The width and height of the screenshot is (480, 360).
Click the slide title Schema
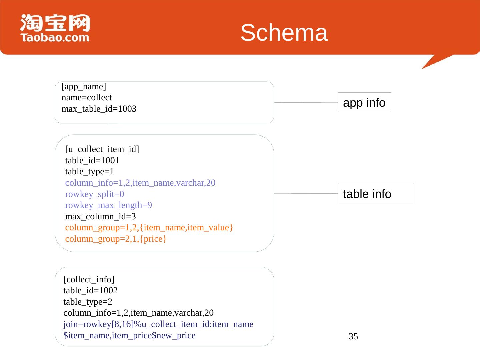(284, 33)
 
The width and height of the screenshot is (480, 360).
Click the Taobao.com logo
(55, 28)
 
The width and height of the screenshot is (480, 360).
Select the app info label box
(364, 102)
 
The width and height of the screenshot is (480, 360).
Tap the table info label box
(376, 194)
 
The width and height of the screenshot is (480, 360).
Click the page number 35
(353, 337)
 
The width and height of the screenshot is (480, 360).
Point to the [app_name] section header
(84, 87)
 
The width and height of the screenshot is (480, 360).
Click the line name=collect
(87, 98)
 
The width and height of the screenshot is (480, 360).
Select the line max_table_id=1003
(99, 109)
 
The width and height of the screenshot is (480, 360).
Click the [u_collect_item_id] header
(102, 149)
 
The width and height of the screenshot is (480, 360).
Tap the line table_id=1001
(92, 161)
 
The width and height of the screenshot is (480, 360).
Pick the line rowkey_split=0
(95, 194)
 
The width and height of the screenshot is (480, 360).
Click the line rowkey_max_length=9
(109, 205)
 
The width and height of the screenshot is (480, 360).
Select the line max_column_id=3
(100, 217)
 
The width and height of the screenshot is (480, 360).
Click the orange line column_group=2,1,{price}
(116, 239)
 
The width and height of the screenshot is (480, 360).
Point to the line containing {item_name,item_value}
(149, 228)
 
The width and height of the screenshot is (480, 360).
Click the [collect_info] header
(89, 279)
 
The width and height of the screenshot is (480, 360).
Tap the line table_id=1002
(90, 291)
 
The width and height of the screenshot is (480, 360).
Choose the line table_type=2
(88, 302)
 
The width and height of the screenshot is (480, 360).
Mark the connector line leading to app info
(306, 102)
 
